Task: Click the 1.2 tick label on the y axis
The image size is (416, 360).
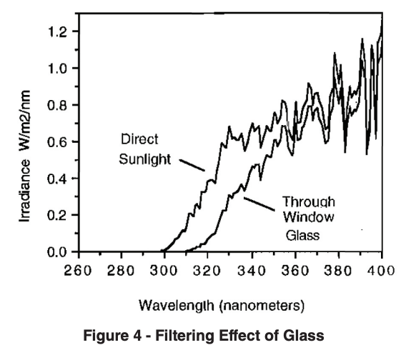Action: (x=58, y=32)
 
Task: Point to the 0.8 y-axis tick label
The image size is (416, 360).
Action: (x=58, y=106)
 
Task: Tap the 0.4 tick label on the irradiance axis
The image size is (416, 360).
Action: (x=58, y=179)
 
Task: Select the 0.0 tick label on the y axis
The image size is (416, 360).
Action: (x=58, y=252)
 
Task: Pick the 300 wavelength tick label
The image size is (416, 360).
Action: (x=164, y=270)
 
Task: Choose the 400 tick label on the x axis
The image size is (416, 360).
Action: (x=382, y=270)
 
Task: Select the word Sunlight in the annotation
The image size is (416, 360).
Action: (x=145, y=158)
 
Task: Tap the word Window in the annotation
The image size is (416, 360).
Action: (x=307, y=216)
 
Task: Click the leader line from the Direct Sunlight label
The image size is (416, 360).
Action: (x=191, y=164)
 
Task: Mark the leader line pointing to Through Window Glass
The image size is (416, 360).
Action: (x=259, y=206)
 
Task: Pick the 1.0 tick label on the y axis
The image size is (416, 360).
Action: (x=58, y=69)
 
